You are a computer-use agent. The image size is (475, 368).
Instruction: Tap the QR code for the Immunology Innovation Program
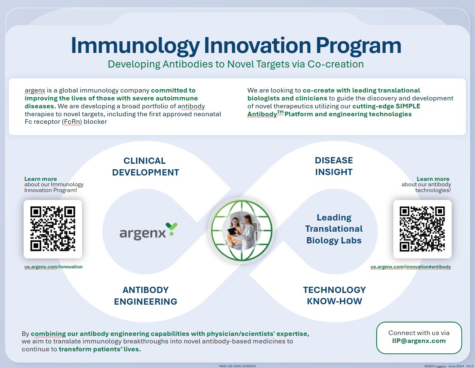pos(53,229)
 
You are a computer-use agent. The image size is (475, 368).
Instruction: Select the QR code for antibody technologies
pos(422,229)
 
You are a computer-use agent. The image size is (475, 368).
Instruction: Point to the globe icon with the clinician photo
pos(241,230)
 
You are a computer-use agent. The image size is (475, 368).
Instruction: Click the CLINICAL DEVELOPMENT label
pos(145,166)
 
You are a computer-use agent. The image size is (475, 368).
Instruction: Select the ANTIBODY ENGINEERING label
pos(145,295)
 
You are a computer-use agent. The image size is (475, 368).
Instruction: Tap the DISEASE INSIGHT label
pos(334,166)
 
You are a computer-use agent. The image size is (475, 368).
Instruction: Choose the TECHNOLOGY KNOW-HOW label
pos(334,295)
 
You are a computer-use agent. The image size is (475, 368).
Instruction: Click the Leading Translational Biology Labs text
pos(334,229)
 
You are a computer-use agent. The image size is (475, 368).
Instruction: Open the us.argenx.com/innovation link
pos(53,267)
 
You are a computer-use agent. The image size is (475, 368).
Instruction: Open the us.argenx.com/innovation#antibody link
pos(410,267)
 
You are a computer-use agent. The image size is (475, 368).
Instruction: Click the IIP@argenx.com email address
pos(419,340)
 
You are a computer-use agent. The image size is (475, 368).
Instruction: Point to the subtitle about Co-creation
pos(236,64)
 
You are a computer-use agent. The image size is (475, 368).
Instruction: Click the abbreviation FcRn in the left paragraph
pos(72,122)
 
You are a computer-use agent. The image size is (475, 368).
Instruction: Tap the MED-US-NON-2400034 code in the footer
pos(237,366)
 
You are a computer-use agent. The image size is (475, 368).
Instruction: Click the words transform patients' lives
pos(99,349)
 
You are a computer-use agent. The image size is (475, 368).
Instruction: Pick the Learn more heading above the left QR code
pos(41,179)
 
